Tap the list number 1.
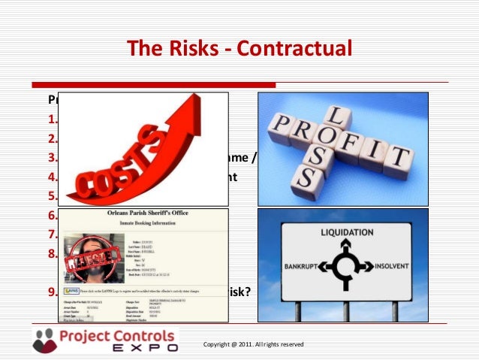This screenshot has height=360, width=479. point(52,119)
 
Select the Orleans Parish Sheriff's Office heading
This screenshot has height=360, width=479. point(147,214)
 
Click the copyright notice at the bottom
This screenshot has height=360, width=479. point(253,344)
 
